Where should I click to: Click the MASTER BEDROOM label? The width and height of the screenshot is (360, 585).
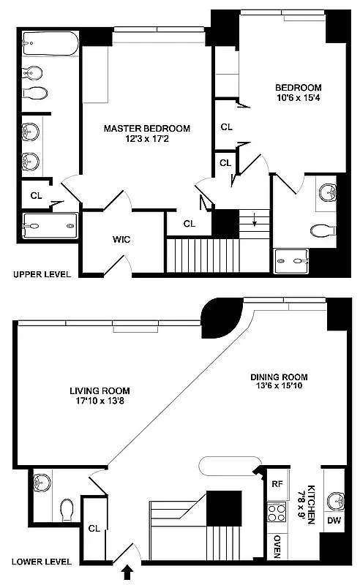(146, 128)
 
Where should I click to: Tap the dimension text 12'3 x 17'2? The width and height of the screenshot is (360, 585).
(146, 139)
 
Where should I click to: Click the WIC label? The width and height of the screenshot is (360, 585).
(121, 239)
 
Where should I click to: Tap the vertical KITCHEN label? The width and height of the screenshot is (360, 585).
(310, 504)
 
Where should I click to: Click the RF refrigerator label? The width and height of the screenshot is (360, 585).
(277, 483)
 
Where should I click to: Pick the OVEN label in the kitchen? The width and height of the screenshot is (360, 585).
(277, 546)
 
